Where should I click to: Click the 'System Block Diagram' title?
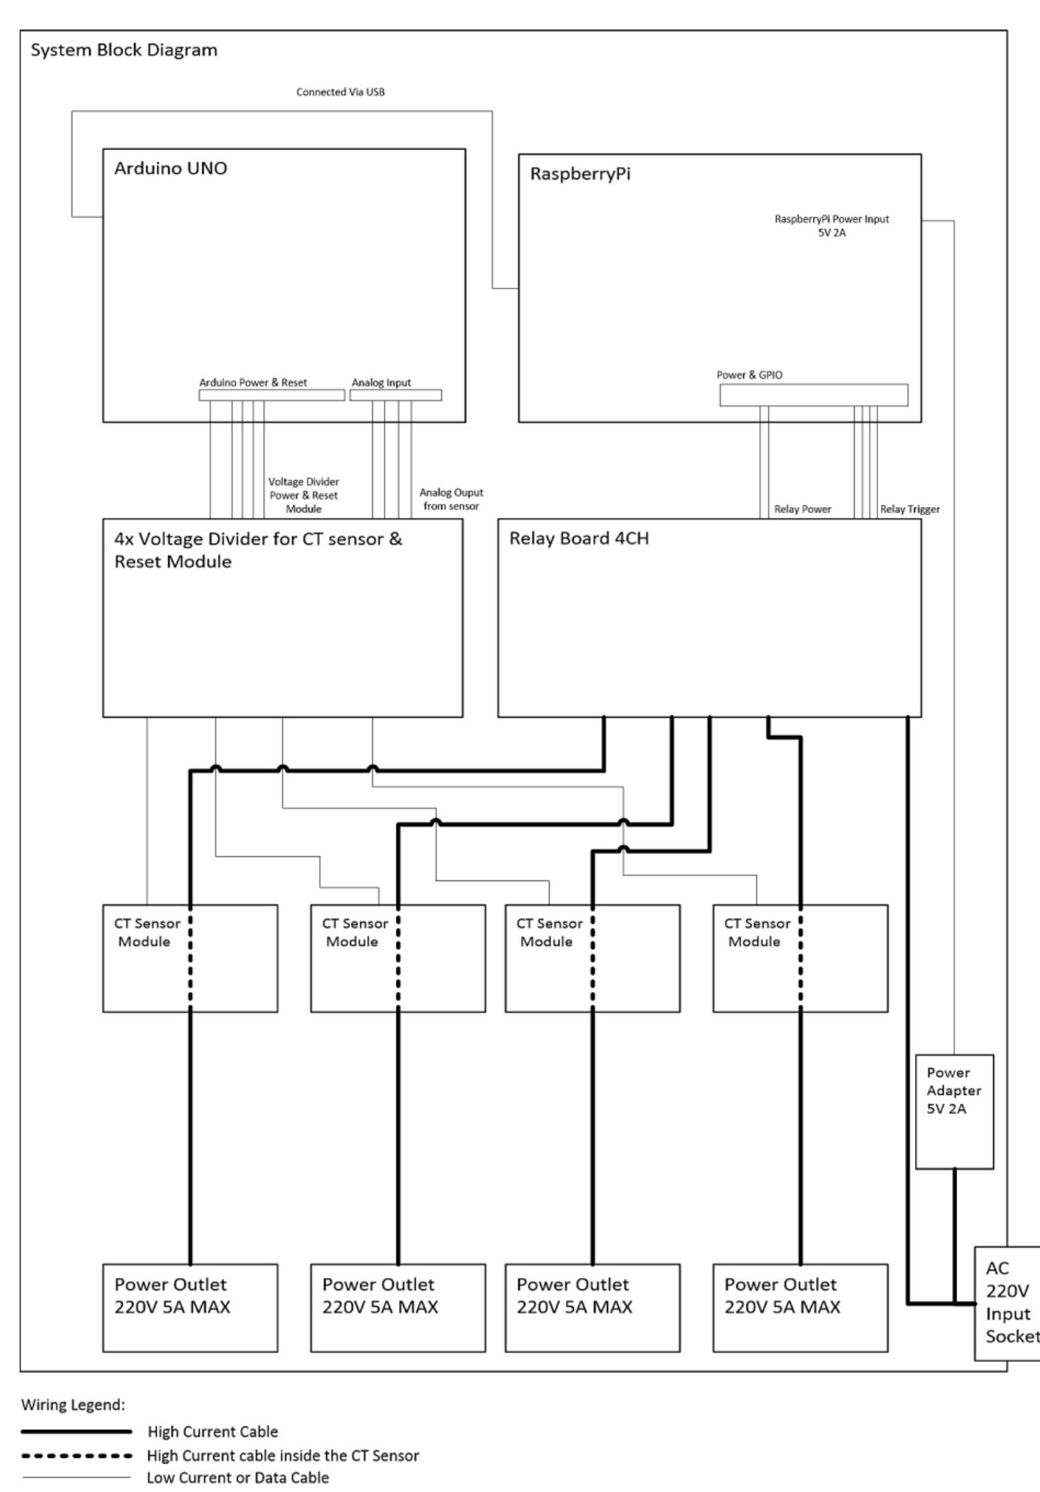point(124,50)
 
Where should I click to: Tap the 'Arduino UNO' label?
point(170,168)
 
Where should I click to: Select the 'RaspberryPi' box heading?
point(580,174)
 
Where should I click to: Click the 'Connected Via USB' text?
point(340,92)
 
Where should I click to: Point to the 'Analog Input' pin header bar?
point(396,395)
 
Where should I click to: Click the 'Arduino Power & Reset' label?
point(253,383)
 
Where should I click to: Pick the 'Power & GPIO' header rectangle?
point(813,395)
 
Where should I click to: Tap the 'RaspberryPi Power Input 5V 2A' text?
point(831,225)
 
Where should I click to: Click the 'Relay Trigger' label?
point(910,509)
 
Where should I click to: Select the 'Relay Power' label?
point(803,509)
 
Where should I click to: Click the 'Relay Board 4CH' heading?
point(578,539)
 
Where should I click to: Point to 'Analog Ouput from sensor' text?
point(451,499)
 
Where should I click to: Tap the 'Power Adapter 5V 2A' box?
point(954,1111)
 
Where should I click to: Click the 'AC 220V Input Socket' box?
point(1007,1313)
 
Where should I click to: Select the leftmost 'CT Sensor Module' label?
point(147,932)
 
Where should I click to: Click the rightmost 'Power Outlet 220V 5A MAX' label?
point(782,1295)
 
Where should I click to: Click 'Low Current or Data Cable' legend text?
point(237,1478)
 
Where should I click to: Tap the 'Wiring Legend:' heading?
point(73,1405)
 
